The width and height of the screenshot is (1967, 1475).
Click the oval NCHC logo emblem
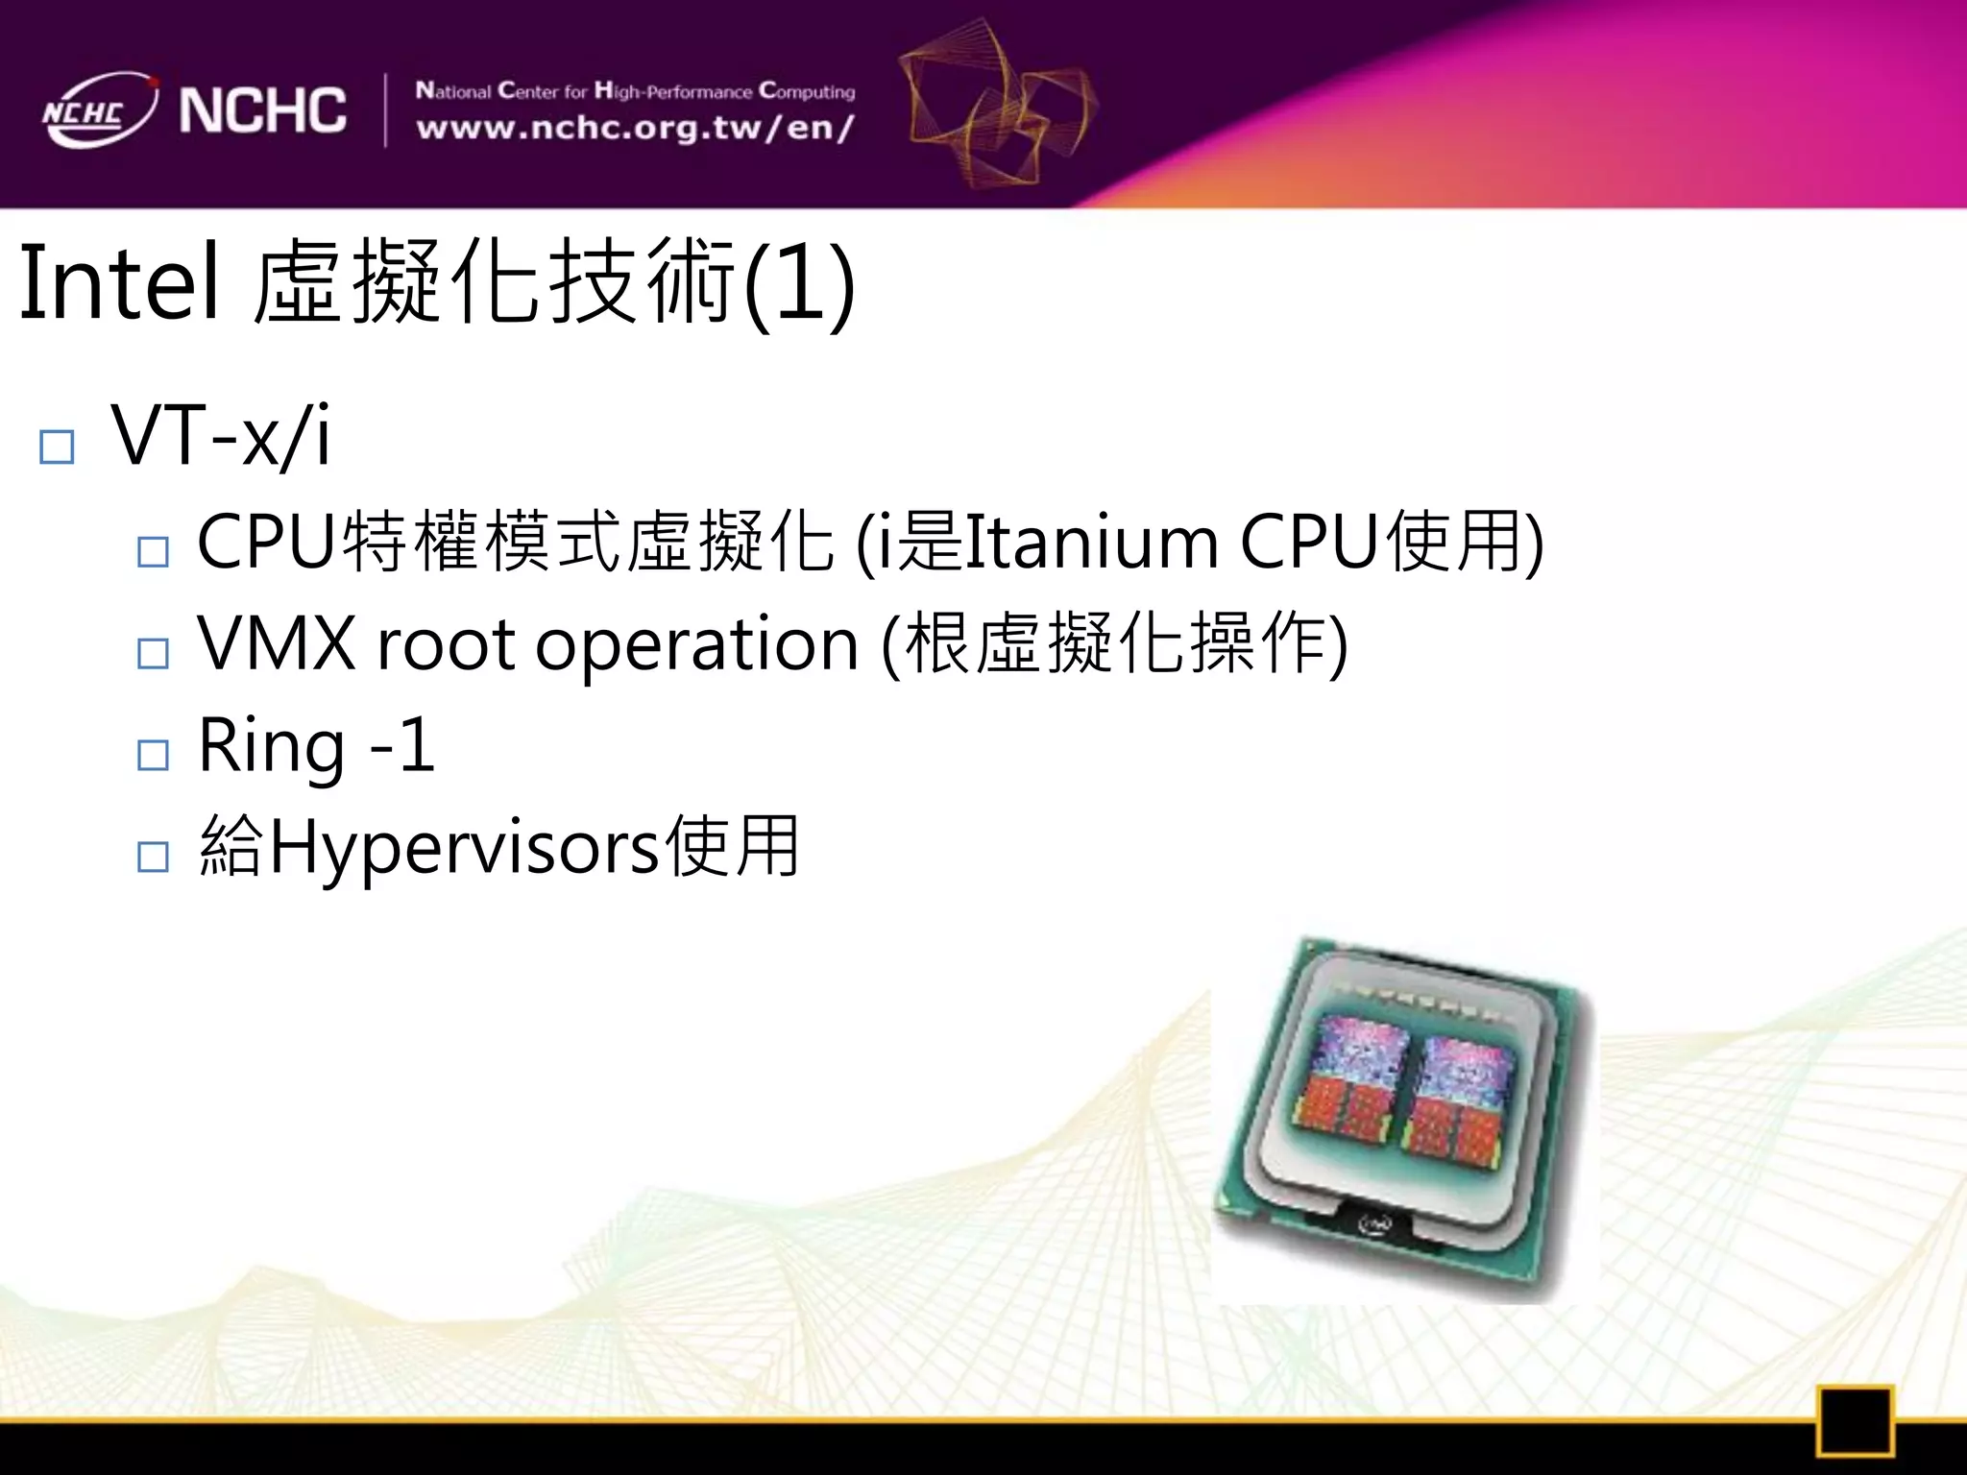(x=99, y=110)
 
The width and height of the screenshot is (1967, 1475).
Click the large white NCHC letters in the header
(x=262, y=109)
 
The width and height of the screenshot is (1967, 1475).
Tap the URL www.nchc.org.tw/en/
(x=635, y=129)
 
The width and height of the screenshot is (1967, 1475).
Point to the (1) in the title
(x=799, y=285)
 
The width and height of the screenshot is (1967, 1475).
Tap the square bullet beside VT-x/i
(x=57, y=447)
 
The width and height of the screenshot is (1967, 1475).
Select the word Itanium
(x=1090, y=543)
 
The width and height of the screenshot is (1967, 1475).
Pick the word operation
(x=696, y=645)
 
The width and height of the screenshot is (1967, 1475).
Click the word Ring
(x=271, y=746)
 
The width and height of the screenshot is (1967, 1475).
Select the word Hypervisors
(x=465, y=848)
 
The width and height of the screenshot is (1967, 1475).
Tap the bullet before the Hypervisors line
(x=153, y=856)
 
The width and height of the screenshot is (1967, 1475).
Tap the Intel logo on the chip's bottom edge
(x=1375, y=1224)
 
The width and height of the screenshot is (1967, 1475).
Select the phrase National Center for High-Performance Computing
(x=635, y=91)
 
